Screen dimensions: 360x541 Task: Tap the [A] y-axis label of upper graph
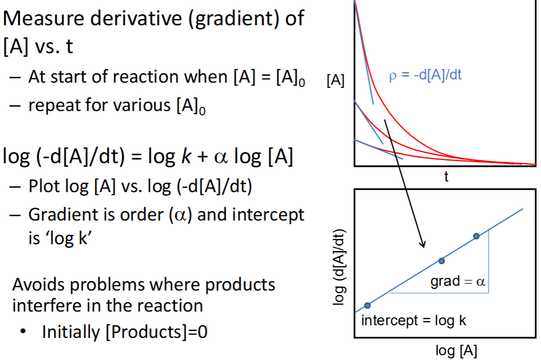coord(335,82)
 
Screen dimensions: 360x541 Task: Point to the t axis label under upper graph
coord(446,177)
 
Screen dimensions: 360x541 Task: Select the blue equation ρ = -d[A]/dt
coord(425,75)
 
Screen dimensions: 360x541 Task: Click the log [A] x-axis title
coord(456,350)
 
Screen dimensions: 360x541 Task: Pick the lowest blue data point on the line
coord(367,305)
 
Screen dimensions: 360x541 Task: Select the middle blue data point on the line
coord(442,261)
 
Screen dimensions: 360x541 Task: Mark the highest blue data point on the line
coord(476,236)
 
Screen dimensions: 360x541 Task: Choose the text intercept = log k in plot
coord(414,319)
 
